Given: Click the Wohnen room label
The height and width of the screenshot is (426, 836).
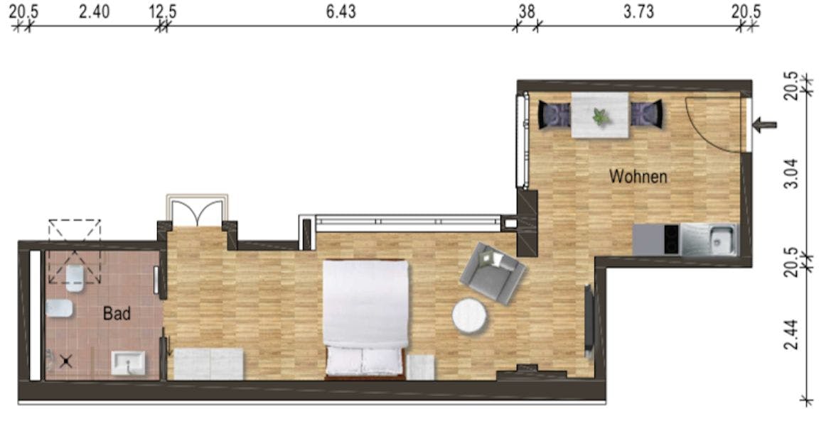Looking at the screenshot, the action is click(x=638, y=176).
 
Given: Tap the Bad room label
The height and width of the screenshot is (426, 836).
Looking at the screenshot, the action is click(x=117, y=313).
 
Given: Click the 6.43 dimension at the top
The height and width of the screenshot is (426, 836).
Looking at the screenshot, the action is click(x=341, y=11).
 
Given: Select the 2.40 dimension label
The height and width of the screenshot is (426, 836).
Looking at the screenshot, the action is click(x=95, y=11).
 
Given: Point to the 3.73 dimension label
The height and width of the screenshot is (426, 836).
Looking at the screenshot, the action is click(x=638, y=11).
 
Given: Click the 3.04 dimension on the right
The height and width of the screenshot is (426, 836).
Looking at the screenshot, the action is click(x=793, y=173).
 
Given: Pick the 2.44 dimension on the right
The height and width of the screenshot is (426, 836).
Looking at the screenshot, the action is click(x=793, y=334).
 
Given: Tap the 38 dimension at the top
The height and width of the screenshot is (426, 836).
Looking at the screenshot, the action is click(x=527, y=11).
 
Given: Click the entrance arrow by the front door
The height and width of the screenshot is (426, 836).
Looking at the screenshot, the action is click(x=765, y=126).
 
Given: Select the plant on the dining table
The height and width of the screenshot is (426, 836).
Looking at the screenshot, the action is click(x=601, y=116).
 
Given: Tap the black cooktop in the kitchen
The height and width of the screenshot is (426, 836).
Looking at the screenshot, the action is click(x=671, y=240).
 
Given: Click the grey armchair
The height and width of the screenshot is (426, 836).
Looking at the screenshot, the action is click(x=492, y=273).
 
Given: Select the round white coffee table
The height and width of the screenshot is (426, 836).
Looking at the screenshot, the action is click(x=469, y=317).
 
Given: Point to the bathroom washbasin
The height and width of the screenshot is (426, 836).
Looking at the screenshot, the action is click(x=128, y=364).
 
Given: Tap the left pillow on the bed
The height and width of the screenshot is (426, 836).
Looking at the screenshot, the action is click(x=344, y=361).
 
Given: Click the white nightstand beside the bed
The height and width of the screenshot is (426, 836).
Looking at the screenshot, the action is click(x=421, y=368).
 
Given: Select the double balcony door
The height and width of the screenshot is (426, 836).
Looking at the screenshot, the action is click(x=198, y=211).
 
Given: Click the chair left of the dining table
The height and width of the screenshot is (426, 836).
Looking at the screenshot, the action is click(x=554, y=114).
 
